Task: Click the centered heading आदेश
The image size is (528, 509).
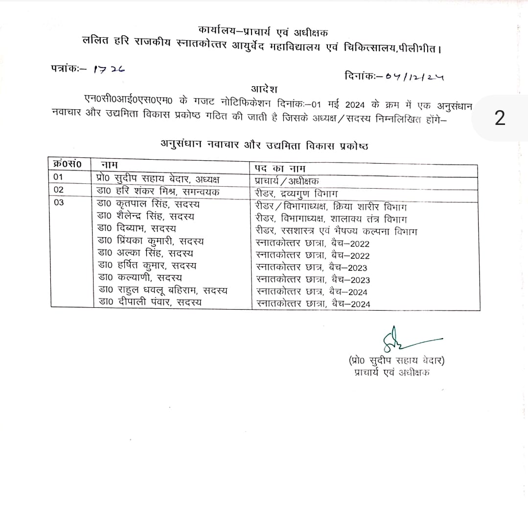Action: tap(264, 89)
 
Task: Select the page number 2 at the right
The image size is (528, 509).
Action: tap(500, 119)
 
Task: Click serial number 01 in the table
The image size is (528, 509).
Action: tap(59, 177)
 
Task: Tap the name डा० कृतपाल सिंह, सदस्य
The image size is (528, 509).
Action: tap(148, 204)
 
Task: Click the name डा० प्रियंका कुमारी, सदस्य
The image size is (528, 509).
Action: tap(151, 241)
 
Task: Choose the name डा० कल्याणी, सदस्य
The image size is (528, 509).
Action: tap(138, 278)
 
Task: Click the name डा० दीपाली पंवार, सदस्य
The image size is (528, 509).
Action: tap(150, 303)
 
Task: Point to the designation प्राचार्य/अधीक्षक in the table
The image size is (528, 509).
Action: tap(284, 180)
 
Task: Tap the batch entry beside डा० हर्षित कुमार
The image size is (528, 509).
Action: tap(312, 267)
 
